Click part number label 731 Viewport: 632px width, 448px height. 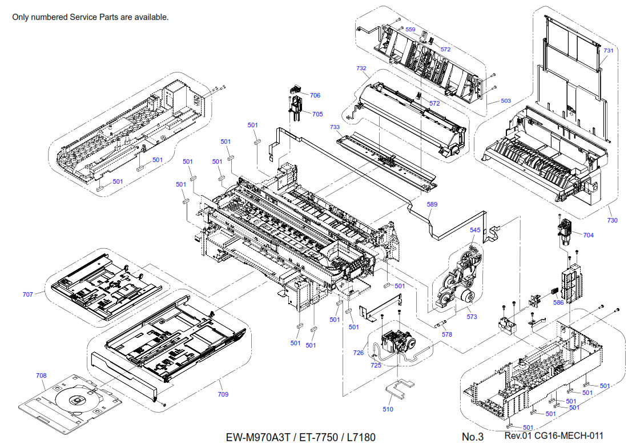[x=609, y=51]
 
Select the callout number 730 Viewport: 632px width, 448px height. [x=612, y=220]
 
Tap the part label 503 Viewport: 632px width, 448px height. [x=506, y=101]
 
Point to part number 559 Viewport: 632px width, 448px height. [x=410, y=30]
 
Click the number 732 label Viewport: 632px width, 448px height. [x=361, y=68]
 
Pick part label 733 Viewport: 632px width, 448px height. [x=335, y=127]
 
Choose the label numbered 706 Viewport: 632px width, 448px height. [x=315, y=95]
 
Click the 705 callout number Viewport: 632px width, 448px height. [x=317, y=114]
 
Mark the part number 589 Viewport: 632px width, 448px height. [x=432, y=204]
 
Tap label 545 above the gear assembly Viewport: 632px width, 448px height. [x=476, y=230]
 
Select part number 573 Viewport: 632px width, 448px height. [x=472, y=317]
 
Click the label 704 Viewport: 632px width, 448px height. [x=588, y=235]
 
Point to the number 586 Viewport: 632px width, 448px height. [x=558, y=302]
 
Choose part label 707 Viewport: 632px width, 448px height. [x=28, y=294]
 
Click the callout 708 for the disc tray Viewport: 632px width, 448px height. [x=41, y=376]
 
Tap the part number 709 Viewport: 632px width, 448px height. [x=223, y=394]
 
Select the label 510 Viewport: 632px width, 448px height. [x=388, y=409]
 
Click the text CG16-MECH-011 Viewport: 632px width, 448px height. [x=570, y=436]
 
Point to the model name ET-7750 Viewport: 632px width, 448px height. [x=316, y=438]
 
